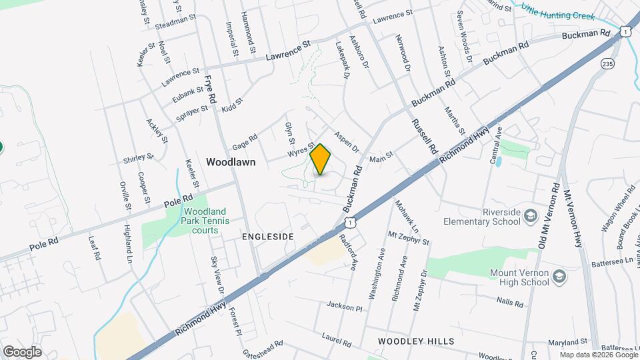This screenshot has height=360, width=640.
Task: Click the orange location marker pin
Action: [x=321, y=159]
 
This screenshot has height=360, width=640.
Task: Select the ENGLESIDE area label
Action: [x=267, y=237]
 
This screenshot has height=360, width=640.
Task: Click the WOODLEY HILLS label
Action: [x=416, y=341]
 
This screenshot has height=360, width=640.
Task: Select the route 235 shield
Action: [x=607, y=63]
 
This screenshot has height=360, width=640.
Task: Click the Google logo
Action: [x=22, y=351]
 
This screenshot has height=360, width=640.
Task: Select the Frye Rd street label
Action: [x=211, y=88]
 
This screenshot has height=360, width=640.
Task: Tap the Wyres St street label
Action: [x=301, y=149]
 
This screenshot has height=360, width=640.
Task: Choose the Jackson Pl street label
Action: [x=344, y=306]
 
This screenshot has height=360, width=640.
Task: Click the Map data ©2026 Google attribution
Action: [x=597, y=355]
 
